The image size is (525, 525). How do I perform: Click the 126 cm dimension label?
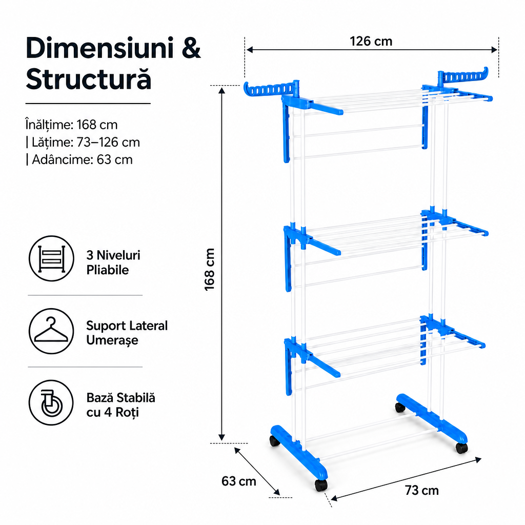coord(371,41)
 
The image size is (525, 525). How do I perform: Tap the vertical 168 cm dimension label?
coord(210,270)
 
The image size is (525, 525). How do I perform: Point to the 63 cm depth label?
coord(239,481)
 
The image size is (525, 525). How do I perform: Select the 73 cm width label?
coord(421,491)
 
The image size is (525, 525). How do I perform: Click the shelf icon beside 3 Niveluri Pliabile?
coord(51,258)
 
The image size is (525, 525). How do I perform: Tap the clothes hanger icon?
coord(51,331)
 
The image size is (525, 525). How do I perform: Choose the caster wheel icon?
coord(51,402)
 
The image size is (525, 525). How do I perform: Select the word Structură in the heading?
coord(88,79)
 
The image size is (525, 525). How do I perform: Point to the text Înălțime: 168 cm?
coord(72,125)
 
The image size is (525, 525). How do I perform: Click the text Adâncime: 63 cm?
coord(79,159)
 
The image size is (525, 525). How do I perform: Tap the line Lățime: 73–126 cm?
coord(83,143)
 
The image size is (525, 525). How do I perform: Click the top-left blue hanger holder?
coord(271,88)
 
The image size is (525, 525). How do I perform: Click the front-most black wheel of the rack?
coord(321,485)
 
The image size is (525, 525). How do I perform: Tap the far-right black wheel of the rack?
coord(461,448)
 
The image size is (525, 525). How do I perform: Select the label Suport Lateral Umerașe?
coord(127,333)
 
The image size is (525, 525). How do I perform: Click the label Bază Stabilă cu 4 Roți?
coord(121,405)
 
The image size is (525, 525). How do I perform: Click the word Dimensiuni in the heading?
coord(100,48)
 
